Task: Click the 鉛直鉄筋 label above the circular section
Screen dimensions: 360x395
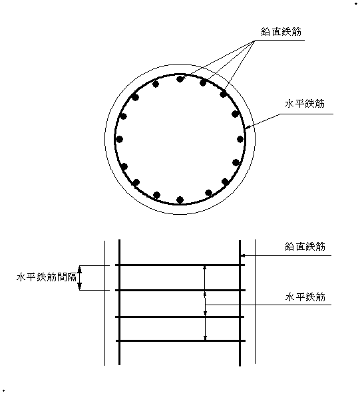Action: pos(281,32)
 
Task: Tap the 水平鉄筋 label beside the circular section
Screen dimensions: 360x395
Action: pos(305,104)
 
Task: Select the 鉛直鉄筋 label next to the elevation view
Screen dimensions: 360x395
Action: pos(305,246)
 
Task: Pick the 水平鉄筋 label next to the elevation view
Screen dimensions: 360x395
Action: pos(305,297)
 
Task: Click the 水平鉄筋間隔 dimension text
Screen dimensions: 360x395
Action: pos(47,277)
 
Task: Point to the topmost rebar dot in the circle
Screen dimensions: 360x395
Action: pos(180,79)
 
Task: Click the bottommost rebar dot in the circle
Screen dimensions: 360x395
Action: pos(180,199)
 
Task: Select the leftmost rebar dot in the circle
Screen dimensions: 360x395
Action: pos(120,139)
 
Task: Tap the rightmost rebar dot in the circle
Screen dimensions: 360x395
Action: pos(240,139)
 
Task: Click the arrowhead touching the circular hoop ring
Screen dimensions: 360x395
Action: pos(247,127)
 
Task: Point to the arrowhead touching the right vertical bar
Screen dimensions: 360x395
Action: pos(243,256)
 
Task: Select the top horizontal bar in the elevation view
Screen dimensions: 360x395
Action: pos(180,265)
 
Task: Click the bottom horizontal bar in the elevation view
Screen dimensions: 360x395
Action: pos(180,341)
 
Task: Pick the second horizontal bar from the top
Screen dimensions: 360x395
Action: pos(180,290)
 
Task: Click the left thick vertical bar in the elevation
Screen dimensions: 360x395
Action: pos(119,302)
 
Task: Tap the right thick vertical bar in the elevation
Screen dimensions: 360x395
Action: pos(240,303)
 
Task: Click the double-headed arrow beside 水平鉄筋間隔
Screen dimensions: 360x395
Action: pos(80,277)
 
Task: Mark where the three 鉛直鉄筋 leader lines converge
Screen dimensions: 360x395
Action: pos(254,41)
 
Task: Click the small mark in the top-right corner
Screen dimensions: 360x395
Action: pos(356,3)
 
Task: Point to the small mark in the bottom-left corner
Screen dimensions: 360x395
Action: pos(3,391)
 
